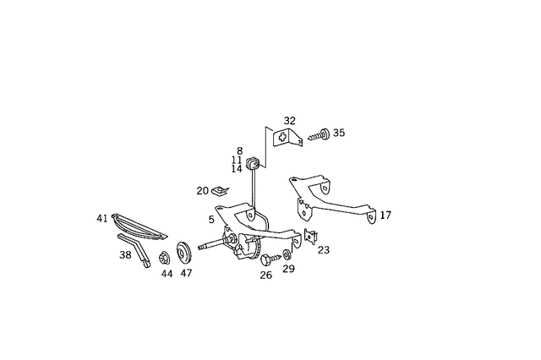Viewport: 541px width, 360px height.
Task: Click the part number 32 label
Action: click(x=290, y=121)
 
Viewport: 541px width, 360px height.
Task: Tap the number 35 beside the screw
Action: click(x=339, y=133)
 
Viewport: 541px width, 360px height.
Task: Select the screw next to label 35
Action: click(x=318, y=134)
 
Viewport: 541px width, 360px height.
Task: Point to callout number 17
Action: click(x=385, y=215)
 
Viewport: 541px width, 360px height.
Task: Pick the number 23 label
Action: click(x=324, y=249)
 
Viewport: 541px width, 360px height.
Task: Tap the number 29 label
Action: click(x=288, y=269)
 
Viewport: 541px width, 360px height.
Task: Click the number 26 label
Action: click(x=266, y=274)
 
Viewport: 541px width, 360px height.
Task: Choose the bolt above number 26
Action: click(x=267, y=258)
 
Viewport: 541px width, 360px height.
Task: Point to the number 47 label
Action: click(x=186, y=274)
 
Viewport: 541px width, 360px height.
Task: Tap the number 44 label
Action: click(x=167, y=274)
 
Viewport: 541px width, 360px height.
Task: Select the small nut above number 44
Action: click(x=165, y=257)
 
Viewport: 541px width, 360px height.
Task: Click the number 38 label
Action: click(x=125, y=254)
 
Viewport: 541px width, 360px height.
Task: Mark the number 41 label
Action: click(x=102, y=218)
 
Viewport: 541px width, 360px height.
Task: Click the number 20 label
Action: click(x=202, y=191)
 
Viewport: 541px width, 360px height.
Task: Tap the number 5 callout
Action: click(x=211, y=220)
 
